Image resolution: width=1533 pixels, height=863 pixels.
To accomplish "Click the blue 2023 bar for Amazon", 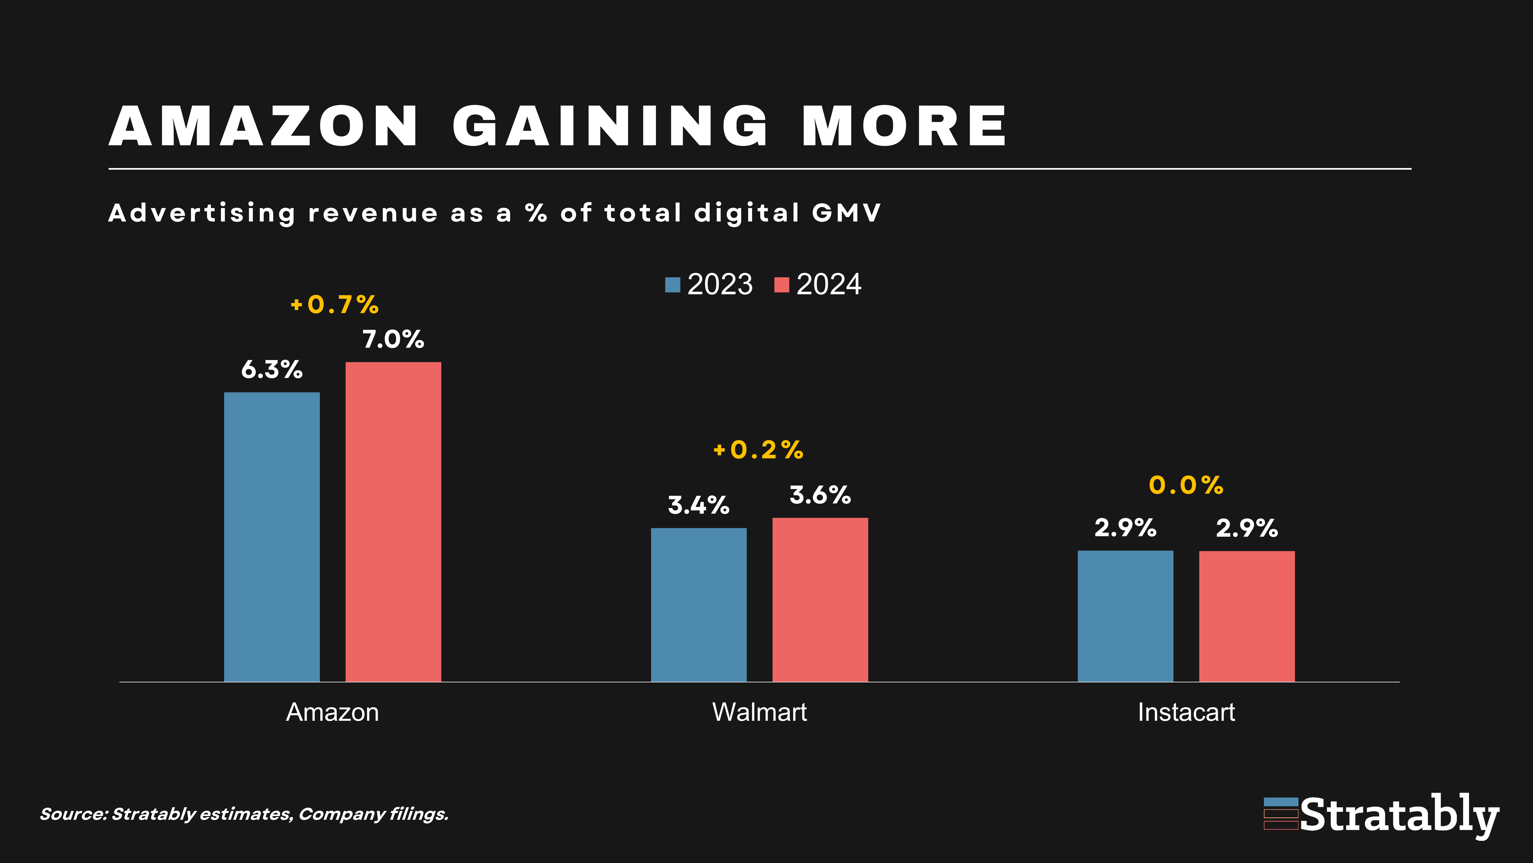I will click(272, 536).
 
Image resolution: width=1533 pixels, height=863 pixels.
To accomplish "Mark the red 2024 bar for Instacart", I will click(1247, 616).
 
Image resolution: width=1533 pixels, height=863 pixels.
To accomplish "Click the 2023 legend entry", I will click(709, 284).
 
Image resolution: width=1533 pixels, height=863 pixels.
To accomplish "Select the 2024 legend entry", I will click(818, 284).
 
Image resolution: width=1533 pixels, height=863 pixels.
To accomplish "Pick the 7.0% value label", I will click(393, 340).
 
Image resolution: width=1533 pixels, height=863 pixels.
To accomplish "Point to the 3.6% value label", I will click(820, 495).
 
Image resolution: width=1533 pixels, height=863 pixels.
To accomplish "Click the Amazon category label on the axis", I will click(332, 712).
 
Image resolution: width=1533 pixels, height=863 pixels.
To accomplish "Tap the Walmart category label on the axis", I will click(759, 712).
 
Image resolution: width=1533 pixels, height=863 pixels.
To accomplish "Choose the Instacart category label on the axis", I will click(1186, 712).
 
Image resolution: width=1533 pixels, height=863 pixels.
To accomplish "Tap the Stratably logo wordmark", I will click(1399, 815).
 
